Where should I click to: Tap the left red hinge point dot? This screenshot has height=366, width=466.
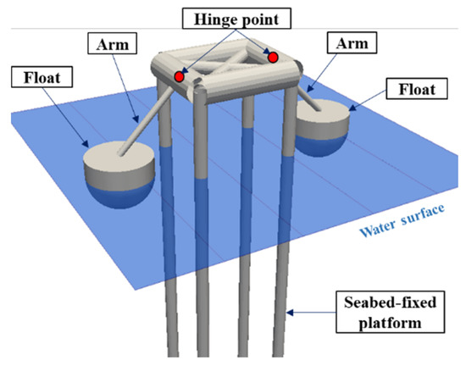(x=180, y=77)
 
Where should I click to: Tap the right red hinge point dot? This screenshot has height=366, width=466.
(x=274, y=57)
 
